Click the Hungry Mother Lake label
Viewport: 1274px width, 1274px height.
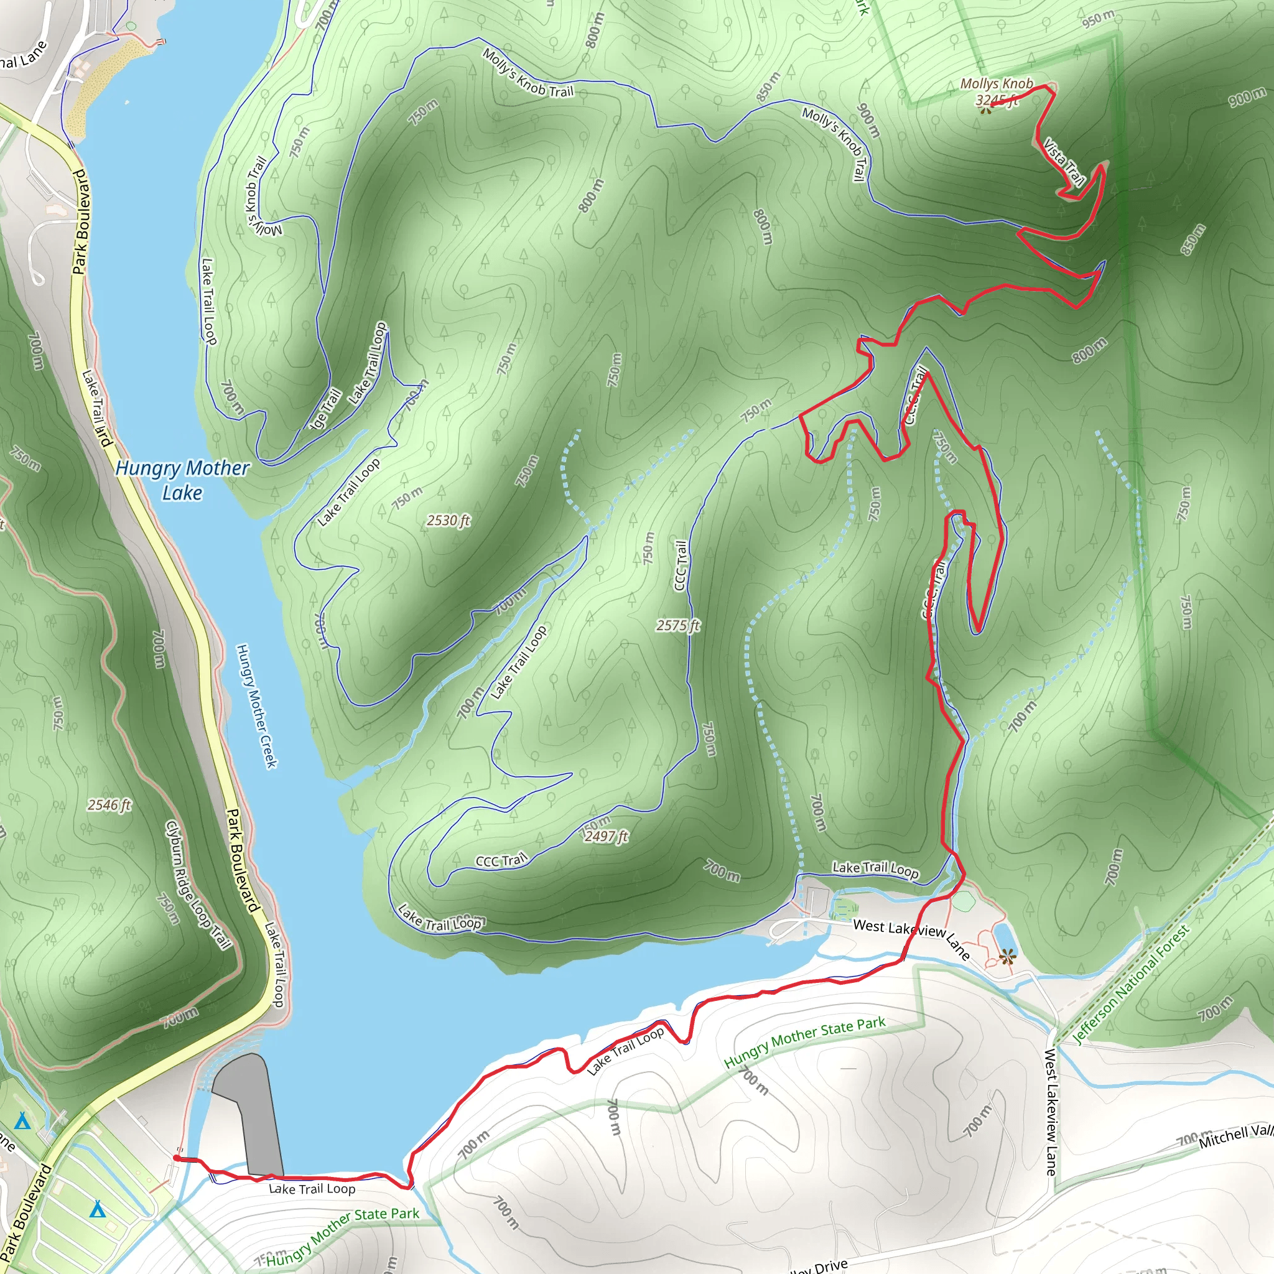[x=182, y=480]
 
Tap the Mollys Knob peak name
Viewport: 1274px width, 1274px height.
[x=997, y=84]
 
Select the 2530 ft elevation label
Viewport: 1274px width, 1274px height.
[x=449, y=520]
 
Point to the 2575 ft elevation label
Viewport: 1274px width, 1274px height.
[x=678, y=625]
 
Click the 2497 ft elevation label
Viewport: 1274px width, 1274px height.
[x=606, y=836]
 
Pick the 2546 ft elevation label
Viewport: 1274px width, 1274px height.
[x=109, y=804]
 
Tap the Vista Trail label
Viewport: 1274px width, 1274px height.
[x=1064, y=162]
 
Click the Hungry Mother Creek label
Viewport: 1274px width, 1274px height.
[x=257, y=706]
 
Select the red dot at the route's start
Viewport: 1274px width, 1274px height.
[x=177, y=1158]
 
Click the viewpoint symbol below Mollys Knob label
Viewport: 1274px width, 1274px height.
[x=985, y=111]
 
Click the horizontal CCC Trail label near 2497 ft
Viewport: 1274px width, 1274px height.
[x=502, y=860]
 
